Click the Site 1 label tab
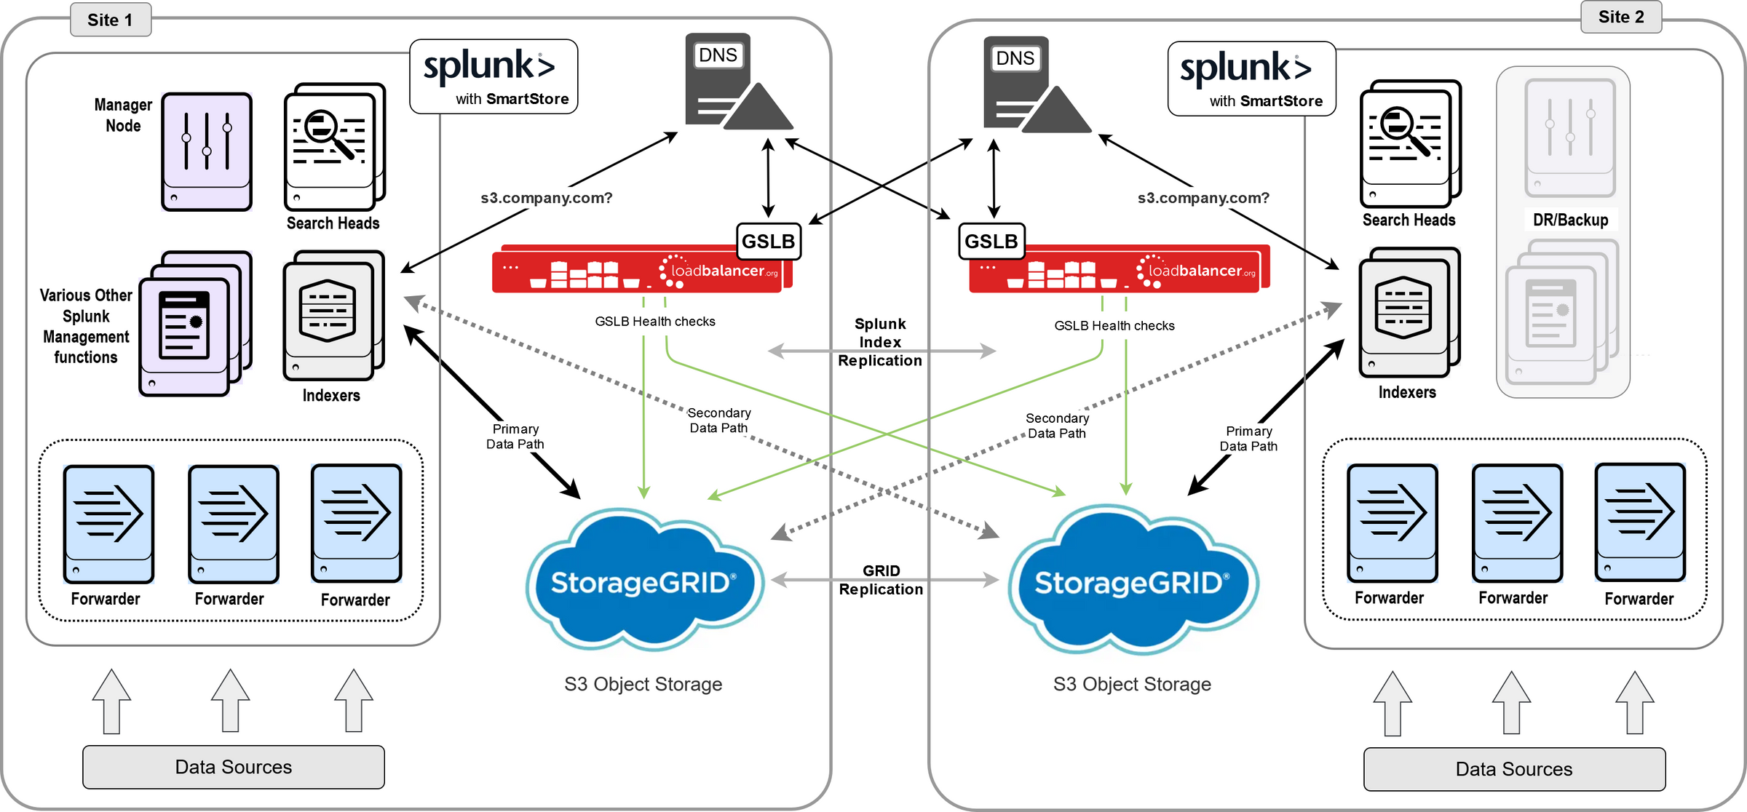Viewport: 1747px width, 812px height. coord(110,20)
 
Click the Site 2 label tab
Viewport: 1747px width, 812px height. coord(1620,17)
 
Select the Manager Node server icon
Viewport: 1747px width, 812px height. coord(207,151)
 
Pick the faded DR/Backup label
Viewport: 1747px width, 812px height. coord(1570,220)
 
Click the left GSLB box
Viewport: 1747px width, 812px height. coord(768,242)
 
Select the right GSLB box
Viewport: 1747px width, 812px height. coord(991,242)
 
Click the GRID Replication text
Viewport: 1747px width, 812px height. coord(881,580)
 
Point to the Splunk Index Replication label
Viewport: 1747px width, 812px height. coord(880,342)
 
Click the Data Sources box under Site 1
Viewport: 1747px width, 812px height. coord(233,767)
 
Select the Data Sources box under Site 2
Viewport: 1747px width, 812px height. coord(1513,769)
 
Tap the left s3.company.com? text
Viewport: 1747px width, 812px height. coord(546,198)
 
